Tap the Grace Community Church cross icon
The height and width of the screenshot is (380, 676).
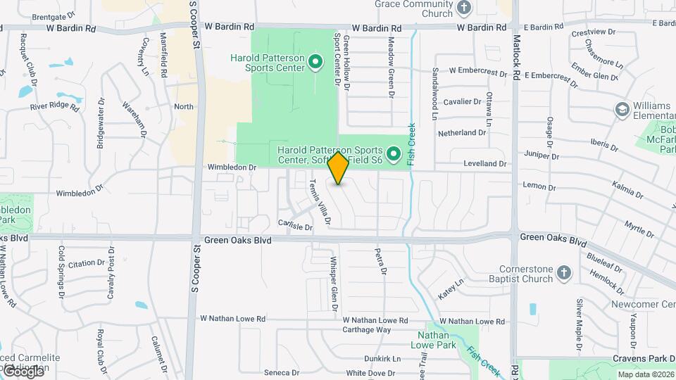pyautogui.click(x=464, y=8)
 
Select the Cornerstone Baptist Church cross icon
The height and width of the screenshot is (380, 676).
pyautogui.click(x=563, y=272)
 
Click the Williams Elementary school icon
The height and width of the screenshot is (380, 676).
pyautogui.click(x=622, y=109)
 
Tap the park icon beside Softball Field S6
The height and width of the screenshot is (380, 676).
pyautogui.click(x=394, y=153)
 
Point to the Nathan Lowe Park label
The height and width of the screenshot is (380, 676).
pyautogui.click(x=432, y=340)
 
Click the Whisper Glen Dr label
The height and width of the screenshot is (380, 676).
pyautogui.click(x=334, y=284)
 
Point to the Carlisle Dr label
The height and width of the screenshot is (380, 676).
pyautogui.click(x=294, y=227)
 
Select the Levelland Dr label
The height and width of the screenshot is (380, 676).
pyautogui.click(x=485, y=163)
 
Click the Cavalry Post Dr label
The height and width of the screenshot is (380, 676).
pyautogui.click(x=111, y=272)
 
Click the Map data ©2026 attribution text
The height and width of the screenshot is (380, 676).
pyautogui.click(x=645, y=374)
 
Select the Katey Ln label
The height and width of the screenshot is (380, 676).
pyautogui.click(x=451, y=287)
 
